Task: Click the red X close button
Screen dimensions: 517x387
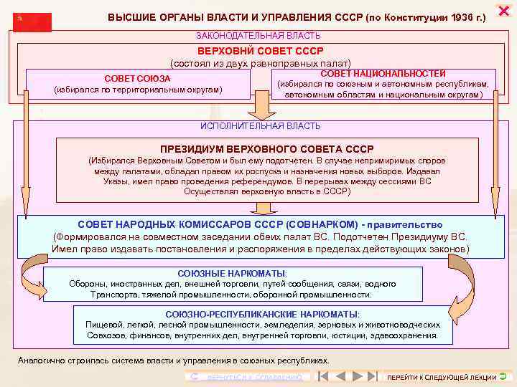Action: (x=503, y=11)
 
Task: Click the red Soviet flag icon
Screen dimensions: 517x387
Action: (x=32, y=21)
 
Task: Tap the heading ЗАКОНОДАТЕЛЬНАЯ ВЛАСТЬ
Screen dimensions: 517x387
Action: (x=258, y=36)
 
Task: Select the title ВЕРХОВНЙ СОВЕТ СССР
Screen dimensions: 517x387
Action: (x=261, y=51)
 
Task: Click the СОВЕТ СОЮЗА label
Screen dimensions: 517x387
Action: (x=137, y=78)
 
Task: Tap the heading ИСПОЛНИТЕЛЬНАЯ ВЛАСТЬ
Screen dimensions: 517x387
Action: (x=261, y=126)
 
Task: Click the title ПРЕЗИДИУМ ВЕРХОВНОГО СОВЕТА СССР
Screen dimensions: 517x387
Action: (x=261, y=149)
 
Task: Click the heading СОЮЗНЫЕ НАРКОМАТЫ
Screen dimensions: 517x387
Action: (x=232, y=274)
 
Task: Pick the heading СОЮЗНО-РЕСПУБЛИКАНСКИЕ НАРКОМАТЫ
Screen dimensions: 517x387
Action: (x=263, y=314)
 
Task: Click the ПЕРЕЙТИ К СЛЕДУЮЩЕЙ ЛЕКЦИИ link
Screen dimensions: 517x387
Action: (x=442, y=377)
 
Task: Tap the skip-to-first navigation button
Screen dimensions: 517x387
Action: (x=324, y=376)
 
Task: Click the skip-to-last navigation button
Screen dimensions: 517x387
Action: (x=371, y=376)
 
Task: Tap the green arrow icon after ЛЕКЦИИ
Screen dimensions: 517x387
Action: (x=503, y=376)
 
